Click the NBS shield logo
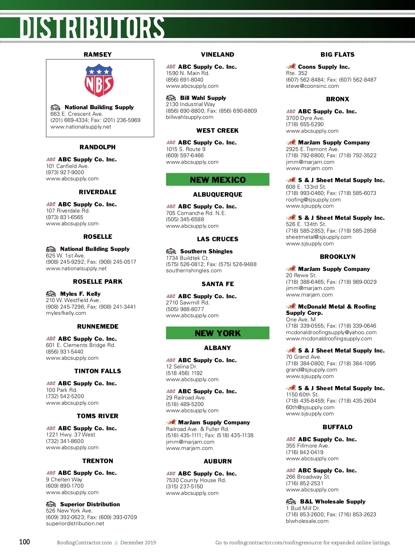point(99,80)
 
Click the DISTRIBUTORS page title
point(92,28)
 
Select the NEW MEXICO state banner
point(218,180)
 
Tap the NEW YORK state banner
point(218,333)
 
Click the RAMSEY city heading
point(98,55)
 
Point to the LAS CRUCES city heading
point(218,239)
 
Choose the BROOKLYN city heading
point(338,257)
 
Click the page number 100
point(25,542)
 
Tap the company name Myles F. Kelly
point(80,294)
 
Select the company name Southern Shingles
point(206,251)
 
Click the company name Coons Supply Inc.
point(324,67)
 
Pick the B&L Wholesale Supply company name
point(333,501)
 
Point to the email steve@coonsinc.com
point(312,86)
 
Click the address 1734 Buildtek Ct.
point(187,258)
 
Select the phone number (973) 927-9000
point(65,172)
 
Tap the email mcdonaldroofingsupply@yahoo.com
point(331,332)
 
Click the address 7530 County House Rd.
point(196,480)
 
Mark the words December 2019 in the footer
point(138,543)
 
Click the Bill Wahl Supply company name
point(203,98)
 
